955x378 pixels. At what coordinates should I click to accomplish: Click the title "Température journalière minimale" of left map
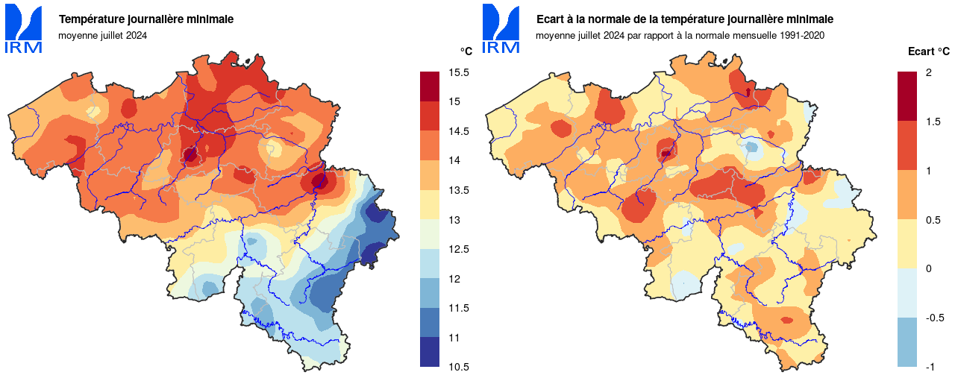pos(146,19)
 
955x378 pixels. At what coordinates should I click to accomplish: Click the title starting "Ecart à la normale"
pos(685,19)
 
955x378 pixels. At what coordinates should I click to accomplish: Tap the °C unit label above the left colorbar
pos(466,51)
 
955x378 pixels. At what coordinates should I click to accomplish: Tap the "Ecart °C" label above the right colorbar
pos(928,51)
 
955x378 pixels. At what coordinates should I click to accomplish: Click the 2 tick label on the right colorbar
pos(928,72)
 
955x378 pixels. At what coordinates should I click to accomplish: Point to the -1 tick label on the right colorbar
pos(930,367)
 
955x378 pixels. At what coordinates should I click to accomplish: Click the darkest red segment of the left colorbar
pos(430,86)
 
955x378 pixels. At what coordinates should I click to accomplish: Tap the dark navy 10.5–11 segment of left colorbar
pos(430,352)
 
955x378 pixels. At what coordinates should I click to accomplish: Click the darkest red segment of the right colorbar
pos(907,96)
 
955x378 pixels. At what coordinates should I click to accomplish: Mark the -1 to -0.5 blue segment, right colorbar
pos(907,342)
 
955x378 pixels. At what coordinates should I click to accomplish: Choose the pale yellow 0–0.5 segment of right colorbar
pos(907,244)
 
